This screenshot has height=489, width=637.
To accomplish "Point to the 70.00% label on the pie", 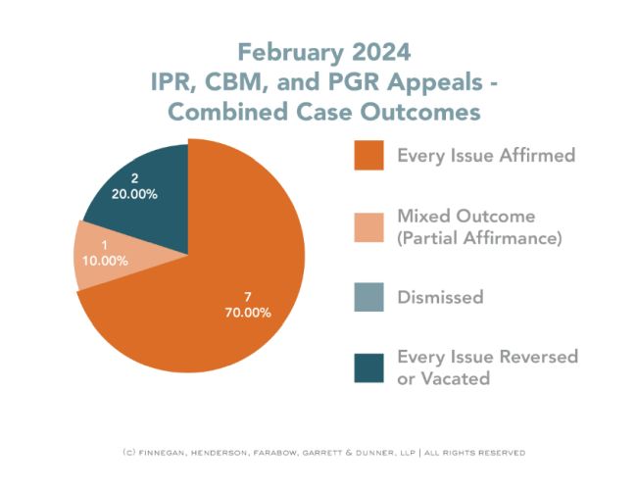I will pos(245,313).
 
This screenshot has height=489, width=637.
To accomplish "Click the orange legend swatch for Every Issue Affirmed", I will pos(370,155).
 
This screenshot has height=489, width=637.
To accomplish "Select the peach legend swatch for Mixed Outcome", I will pos(370,226).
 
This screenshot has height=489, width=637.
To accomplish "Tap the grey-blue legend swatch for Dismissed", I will pos(370,297).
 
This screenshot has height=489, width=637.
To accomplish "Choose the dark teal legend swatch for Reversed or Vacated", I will pos(370,367).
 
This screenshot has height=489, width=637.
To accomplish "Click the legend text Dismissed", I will pos(440,297).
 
